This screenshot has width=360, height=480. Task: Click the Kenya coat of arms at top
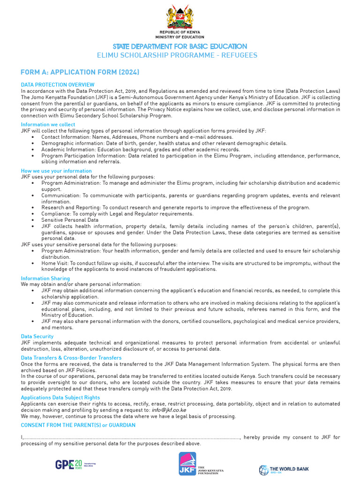pyautogui.click(x=180, y=17)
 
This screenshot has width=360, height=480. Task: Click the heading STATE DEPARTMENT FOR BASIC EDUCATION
pyautogui.click(x=180, y=46)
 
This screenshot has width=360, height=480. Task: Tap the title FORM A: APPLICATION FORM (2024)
pyautogui.click(x=80, y=72)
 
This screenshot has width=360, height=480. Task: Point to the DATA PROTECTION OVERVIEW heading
pyautogui.click(x=58, y=85)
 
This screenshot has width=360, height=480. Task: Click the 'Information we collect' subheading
pyautogui.click(x=48, y=125)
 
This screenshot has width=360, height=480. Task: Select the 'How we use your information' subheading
pyautogui.click(x=56, y=171)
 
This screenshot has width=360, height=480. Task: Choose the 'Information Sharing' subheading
pyautogui.click(x=45, y=278)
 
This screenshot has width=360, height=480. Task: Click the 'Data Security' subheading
pyautogui.click(x=37, y=337)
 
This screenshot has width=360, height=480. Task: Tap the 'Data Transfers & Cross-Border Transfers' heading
pyautogui.click(x=71, y=358)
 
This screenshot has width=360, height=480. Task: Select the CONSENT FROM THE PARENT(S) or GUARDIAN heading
pyautogui.click(x=78, y=425)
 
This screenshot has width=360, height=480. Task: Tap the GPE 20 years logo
pyautogui.click(x=75, y=464)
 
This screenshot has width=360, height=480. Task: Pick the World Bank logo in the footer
pyautogui.click(x=284, y=469)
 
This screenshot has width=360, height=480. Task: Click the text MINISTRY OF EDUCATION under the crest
pyautogui.click(x=180, y=37)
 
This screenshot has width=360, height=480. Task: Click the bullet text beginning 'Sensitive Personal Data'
pyautogui.click(x=70, y=219)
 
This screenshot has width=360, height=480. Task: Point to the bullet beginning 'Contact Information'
pyautogui.click(x=137, y=137)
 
